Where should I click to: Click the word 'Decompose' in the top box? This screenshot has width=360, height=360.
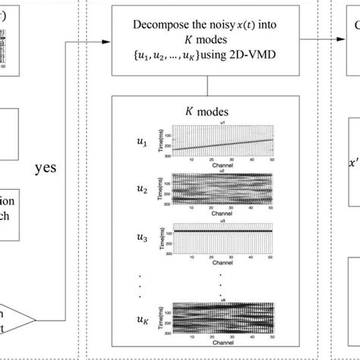coord(162,23)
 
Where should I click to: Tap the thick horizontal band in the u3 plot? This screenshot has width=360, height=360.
coord(220,231)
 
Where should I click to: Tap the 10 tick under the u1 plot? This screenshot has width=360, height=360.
coord(192,159)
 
